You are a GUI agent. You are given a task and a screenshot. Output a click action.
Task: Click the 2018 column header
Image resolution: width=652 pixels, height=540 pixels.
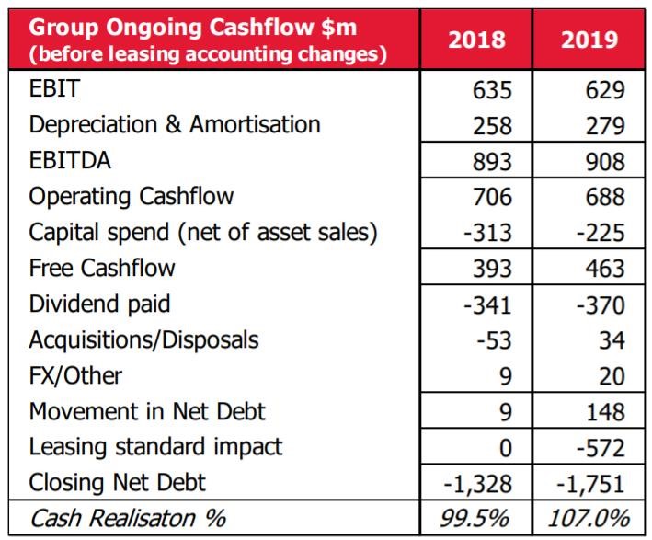478,39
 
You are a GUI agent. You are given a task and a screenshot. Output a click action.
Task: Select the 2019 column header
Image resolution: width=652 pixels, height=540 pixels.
589,39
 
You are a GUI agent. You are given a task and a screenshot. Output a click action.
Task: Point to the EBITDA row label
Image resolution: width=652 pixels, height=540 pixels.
70,160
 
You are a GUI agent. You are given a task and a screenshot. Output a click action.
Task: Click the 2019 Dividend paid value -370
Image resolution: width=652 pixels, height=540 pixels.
601,304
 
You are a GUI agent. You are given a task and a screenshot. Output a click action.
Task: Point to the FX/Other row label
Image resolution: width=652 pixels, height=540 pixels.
75,375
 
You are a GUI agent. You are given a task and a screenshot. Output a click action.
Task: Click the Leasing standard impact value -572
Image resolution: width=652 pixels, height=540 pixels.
601,447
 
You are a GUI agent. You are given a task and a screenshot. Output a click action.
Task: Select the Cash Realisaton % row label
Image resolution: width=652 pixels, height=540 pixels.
128,518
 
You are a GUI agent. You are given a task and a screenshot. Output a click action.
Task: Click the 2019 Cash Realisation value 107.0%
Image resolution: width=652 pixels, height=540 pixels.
589,518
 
